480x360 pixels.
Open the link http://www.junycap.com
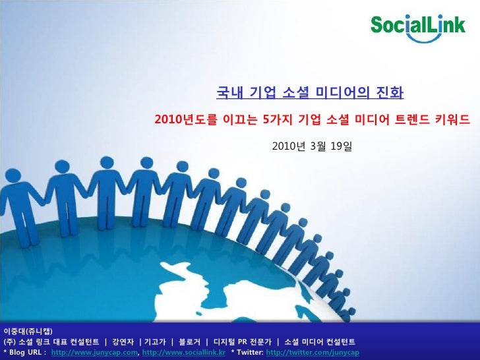click(x=95, y=353)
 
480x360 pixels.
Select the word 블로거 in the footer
click(x=189, y=342)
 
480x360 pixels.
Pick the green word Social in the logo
click(x=394, y=26)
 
